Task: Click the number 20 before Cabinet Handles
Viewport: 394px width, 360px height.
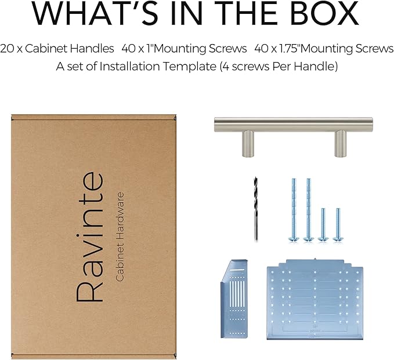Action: (x=7, y=49)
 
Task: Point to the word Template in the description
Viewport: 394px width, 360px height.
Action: (x=189, y=67)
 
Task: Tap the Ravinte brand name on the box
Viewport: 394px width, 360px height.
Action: (x=89, y=237)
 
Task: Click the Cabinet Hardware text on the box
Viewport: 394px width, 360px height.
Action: (x=119, y=237)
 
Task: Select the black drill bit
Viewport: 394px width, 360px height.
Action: (x=256, y=209)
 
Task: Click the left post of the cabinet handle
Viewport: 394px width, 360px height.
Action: (x=248, y=144)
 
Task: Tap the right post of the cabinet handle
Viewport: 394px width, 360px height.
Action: (x=340, y=144)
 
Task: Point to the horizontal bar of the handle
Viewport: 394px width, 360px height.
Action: (x=294, y=125)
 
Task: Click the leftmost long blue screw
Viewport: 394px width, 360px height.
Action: (x=294, y=210)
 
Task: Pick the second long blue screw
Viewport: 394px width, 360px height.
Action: (x=309, y=210)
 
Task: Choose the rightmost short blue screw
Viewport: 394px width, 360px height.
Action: (x=338, y=225)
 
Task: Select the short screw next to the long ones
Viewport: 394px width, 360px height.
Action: (x=323, y=225)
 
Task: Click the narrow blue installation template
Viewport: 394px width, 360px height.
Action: (x=234, y=299)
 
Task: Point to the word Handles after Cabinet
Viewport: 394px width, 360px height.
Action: (x=92, y=49)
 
